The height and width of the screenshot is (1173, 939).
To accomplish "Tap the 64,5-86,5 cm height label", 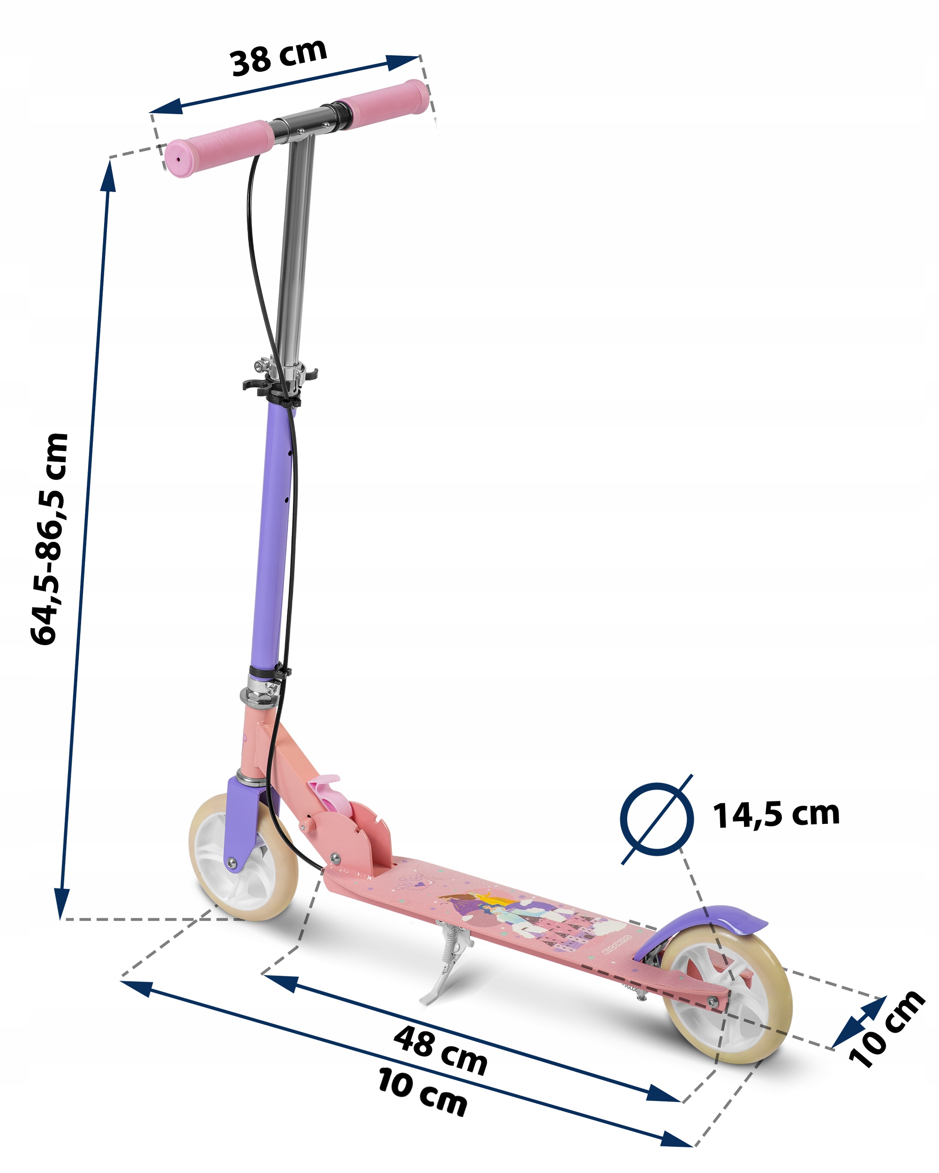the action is tap(50, 539).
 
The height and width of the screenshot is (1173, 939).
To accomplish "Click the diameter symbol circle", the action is tap(657, 819).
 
